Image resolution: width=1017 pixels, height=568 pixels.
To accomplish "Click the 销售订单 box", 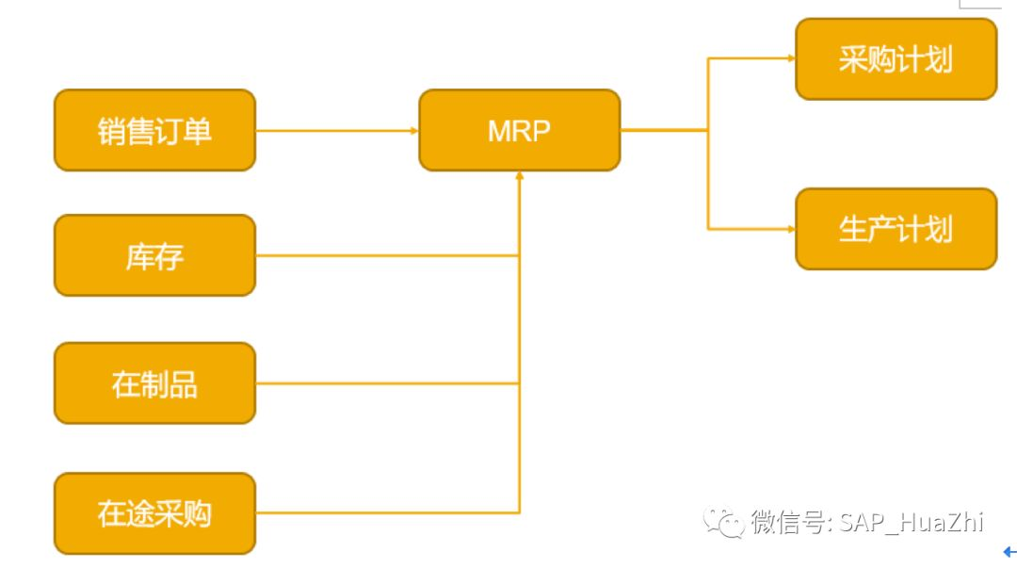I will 154,130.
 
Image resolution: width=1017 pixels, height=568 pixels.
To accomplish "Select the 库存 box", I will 154,255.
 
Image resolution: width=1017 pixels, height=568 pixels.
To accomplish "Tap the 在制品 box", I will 154,383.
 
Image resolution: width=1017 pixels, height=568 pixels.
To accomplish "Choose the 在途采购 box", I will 154,513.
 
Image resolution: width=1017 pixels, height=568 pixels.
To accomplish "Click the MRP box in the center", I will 519,130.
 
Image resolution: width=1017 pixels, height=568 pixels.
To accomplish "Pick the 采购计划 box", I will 896,58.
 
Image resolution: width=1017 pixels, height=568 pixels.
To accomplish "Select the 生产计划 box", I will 896,229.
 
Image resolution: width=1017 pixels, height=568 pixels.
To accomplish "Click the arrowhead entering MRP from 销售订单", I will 413,131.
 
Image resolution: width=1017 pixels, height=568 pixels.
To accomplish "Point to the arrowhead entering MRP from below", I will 519,177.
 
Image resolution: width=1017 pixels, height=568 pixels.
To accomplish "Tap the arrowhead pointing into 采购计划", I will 790,58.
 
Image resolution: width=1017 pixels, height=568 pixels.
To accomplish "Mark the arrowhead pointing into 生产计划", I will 790,229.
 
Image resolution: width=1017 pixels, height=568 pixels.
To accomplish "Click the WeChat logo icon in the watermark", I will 726,521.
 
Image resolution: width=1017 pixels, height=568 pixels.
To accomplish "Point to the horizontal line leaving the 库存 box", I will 386,255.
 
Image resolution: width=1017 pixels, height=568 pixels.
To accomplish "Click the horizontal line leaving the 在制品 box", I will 386,383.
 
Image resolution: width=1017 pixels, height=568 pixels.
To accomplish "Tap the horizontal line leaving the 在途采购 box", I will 386,513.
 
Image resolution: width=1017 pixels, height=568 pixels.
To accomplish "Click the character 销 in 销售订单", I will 112,131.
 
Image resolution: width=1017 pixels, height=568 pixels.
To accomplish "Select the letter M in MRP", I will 497,131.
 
